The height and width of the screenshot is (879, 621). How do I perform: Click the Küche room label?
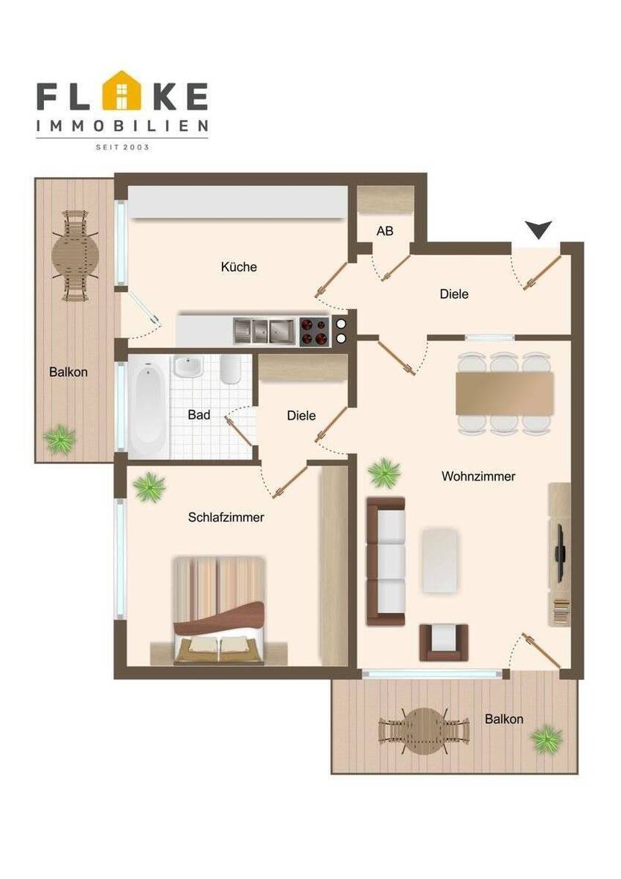[239, 267]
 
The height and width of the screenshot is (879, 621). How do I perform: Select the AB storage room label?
[384, 232]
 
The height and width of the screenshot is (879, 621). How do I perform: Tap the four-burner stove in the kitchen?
[314, 331]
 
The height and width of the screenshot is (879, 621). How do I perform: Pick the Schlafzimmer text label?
[226, 517]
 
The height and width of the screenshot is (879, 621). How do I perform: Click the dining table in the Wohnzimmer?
[505, 393]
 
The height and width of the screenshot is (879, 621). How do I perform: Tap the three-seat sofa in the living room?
[386, 562]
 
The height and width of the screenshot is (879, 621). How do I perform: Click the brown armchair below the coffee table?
[444, 641]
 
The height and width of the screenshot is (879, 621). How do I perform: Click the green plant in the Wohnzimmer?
[384, 472]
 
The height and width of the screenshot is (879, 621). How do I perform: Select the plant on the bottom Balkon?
[547, 739]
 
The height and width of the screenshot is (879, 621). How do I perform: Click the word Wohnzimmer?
[478, 476]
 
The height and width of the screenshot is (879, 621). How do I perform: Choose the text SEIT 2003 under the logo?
[123, 147]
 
